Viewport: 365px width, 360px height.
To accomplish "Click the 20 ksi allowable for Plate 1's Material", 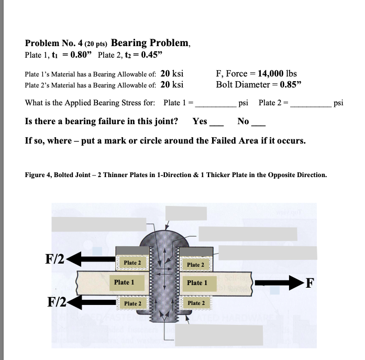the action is point(171,73).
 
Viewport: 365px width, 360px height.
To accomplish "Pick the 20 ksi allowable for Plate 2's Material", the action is point(171,84).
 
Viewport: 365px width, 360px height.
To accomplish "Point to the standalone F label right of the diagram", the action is point(310,283).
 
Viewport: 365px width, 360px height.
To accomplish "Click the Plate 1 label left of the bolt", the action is point(124,282).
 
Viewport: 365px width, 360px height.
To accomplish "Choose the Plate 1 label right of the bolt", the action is point(197,282).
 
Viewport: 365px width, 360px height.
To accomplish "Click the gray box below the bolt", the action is point(218,333).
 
